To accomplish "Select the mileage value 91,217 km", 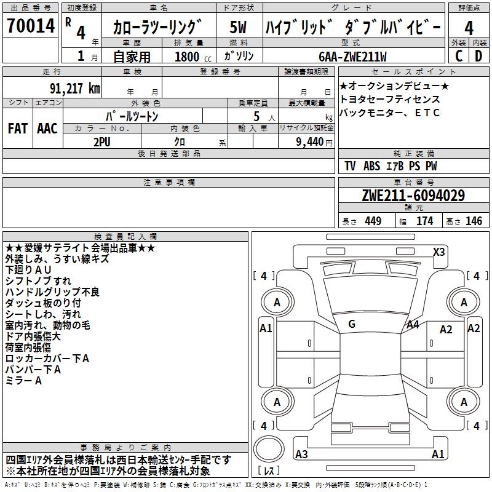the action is coord(74,88).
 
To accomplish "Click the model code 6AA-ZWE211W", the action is coord(352,57).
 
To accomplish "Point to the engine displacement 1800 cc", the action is coord(189,57).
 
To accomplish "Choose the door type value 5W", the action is coord(239,28).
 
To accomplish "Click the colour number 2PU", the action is coord(101,141).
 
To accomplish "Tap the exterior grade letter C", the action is coord(458,56).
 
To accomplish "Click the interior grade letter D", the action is coord(478,56).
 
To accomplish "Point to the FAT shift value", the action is coord(18,128).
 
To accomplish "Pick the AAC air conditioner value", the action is coord(47,128).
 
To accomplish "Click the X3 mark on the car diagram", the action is coord(438,252).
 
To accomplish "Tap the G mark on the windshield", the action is coord(351,324).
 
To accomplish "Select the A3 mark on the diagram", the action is coord(301,454).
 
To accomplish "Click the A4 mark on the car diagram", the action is coord(413,324).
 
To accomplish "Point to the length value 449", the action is coord(370,221).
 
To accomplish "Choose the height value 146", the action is coord(474,221).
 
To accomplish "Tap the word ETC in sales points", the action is coord(429,113).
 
